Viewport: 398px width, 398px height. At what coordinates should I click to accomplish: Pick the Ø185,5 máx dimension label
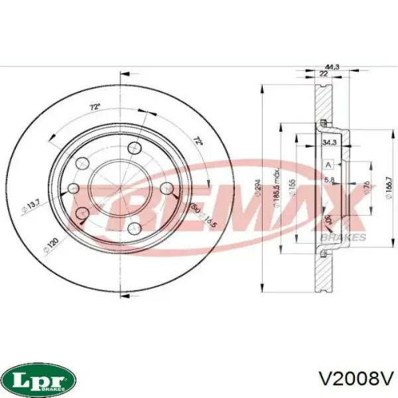coord(278,192)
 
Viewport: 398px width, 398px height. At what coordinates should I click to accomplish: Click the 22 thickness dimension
coord(323,74)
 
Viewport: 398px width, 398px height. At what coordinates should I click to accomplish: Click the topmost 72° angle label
coord(95,106)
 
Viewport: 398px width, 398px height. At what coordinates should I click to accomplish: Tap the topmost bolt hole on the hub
coord(135,148)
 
